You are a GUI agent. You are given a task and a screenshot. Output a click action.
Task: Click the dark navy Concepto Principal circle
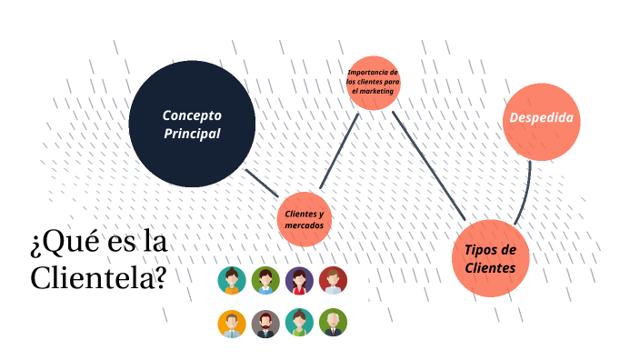pos(192,124)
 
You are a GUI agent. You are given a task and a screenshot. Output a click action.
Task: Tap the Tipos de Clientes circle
pos(491,258)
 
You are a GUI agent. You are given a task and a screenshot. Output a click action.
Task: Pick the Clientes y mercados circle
pos(304,219)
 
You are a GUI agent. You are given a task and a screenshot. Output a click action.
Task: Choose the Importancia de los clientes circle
pos(373,83)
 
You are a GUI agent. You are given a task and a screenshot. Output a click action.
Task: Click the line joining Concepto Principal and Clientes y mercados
pos(262,183)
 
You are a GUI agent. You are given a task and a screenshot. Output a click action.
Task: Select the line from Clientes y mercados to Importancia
pos(336,155)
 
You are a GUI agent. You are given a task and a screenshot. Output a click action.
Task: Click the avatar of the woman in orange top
pos(232,280)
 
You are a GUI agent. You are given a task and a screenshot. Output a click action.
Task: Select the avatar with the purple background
pos(299,280)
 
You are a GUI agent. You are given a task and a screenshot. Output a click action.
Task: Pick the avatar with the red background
pos(333,280)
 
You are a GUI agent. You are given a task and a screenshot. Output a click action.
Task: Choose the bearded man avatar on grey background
pos(265,323)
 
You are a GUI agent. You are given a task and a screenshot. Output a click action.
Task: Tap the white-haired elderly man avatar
pos(333,323)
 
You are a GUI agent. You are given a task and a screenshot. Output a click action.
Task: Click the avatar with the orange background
pos(232,323)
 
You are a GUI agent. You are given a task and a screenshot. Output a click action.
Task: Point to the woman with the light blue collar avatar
pos(265,280)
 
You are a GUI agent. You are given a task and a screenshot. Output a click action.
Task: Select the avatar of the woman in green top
pos(299,323)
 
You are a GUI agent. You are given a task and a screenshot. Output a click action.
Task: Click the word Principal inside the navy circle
pos(192,134)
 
